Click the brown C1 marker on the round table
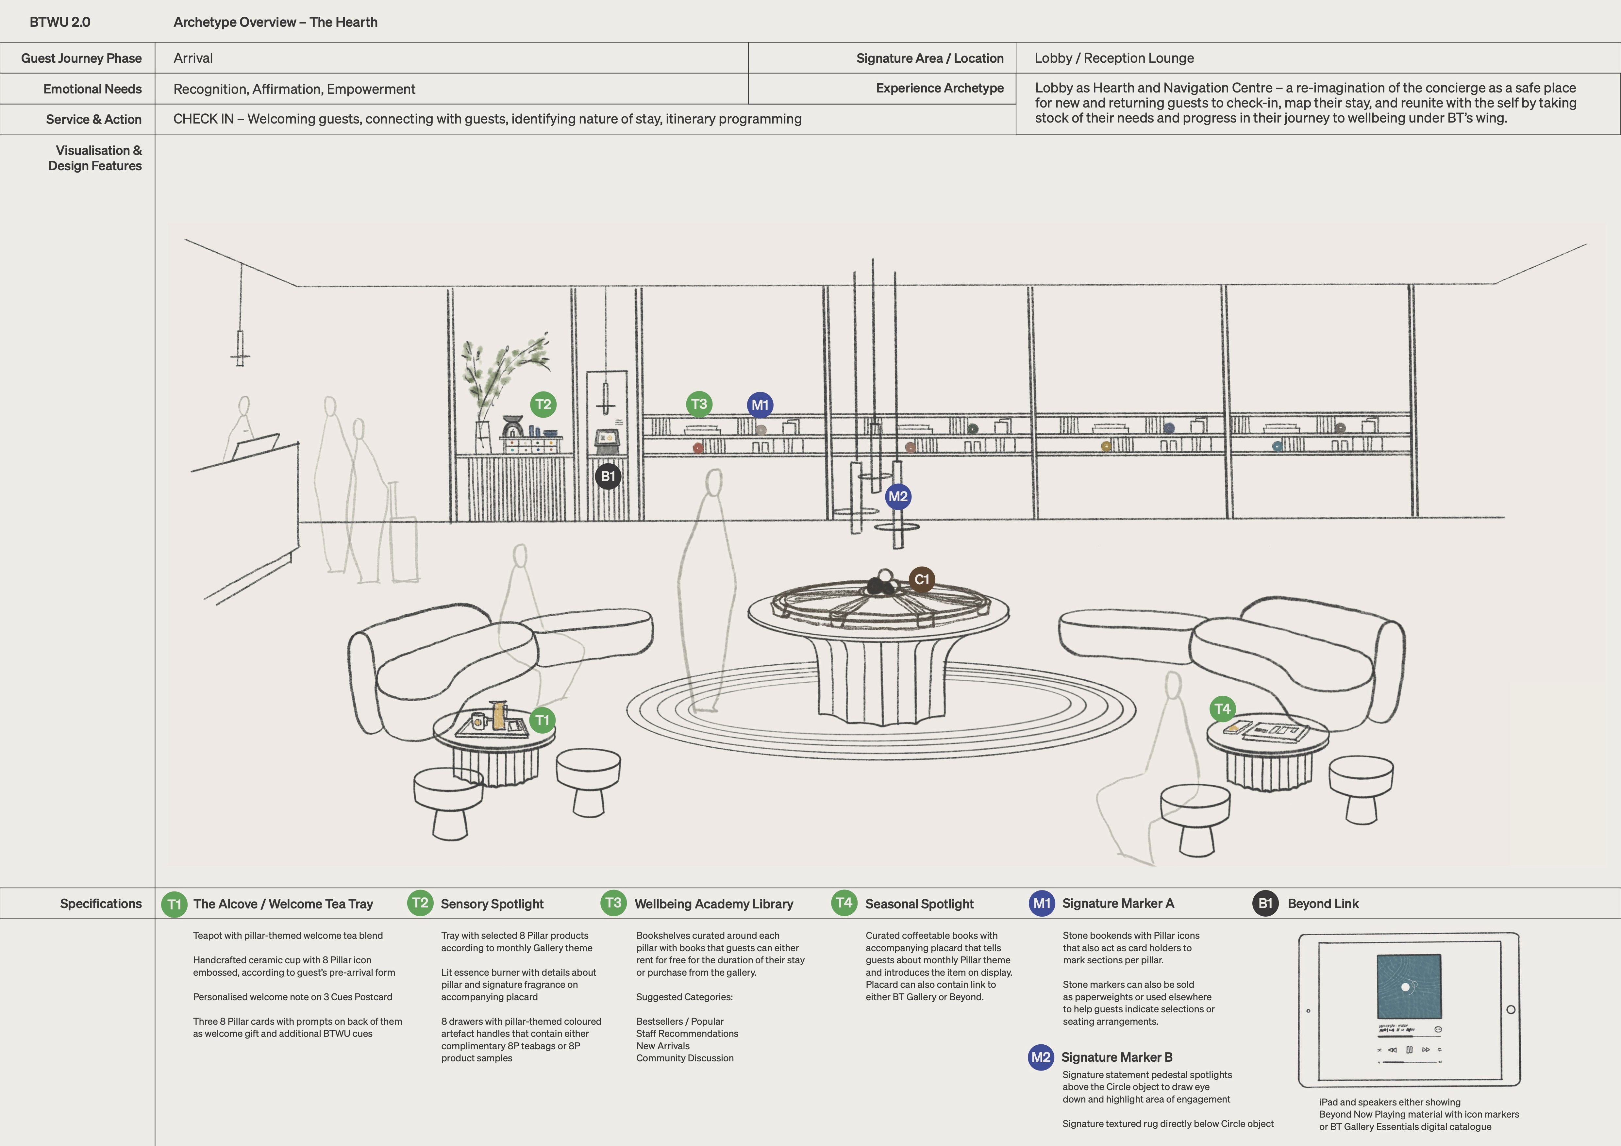click(921, 580)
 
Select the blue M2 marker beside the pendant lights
click(897, 496)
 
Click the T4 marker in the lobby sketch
click(1222, 709)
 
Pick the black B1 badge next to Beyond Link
click(1265, 903)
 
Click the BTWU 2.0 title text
click(60, 22)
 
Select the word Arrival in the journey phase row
click(193, 58)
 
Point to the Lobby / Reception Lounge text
click(1114, 58)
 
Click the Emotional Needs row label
click(92, 89)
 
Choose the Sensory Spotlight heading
click(492, 904)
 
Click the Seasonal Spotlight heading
click(919, 904)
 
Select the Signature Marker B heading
click(1116, 1057)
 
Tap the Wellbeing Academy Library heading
click(714, 904)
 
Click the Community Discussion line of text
click(685, 1058)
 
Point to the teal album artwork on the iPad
click(1409, 987)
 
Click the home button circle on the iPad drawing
click(1510, 1010)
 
